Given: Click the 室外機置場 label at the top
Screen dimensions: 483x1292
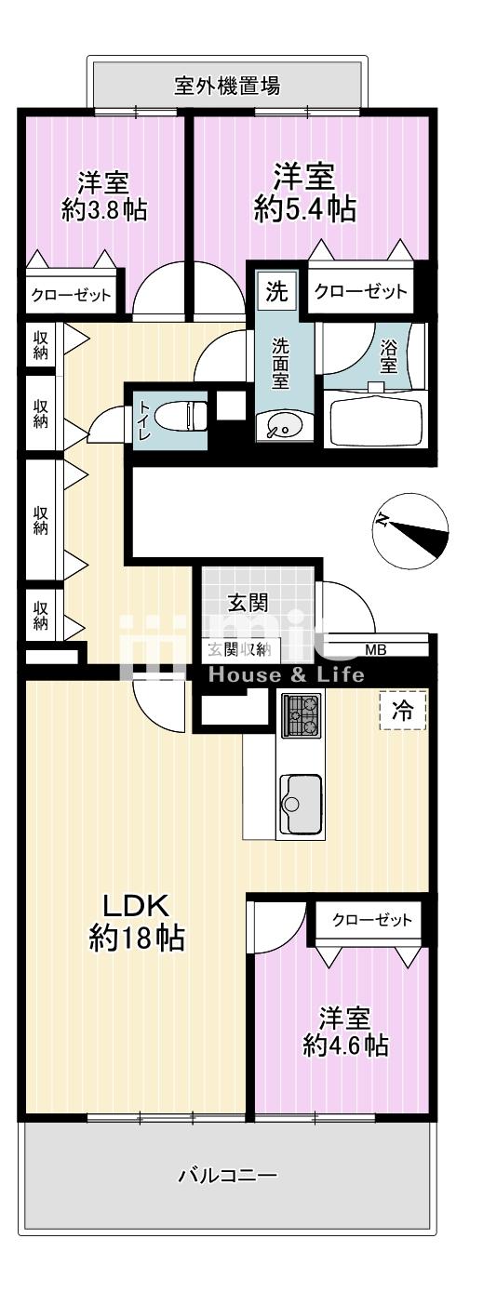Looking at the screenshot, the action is [x=227, y=86].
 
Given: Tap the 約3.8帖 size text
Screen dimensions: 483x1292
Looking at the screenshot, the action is [x=104, y=210].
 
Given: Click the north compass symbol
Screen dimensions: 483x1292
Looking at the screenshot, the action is [x=410, y=527].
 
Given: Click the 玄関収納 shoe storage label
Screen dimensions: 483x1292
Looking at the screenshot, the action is [x=239, y=649].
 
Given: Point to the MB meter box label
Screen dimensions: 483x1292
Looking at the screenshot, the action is [x=376, y=649].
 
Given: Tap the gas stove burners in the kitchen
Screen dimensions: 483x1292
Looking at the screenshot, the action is [x=301, y=715].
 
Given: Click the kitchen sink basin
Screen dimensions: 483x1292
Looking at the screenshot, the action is [x=300, y=804].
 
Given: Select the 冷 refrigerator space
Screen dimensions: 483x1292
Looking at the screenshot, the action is [x=403, y=711].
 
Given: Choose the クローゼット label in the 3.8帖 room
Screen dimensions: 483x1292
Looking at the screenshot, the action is [x=71, y=296].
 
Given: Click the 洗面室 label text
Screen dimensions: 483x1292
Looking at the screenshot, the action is [x=281, y=364].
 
